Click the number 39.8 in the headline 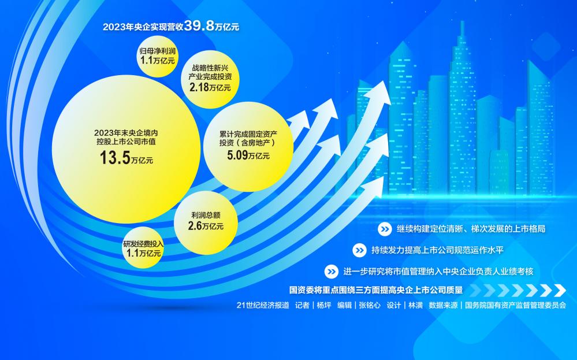click(199, 26)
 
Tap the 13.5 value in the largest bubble click(115, 158)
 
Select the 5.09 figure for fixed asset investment click(237, 155)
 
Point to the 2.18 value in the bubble click(199, 87)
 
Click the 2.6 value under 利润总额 click(195, 225)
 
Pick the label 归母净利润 click(158, 51)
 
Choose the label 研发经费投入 click(143, 244)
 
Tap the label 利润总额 click(206, 215)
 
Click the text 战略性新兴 click(210, 68)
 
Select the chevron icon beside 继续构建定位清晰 click(385, 229)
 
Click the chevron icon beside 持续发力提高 click(359, 250)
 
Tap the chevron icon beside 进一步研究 click(331, 272)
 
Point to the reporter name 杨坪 click(324, 305)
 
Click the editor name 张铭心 click(370, 305)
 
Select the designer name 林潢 click(415, 305)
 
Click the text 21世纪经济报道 click(263, 305)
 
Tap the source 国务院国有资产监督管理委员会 click(515, 305)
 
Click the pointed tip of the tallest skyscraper click(462, 22)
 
